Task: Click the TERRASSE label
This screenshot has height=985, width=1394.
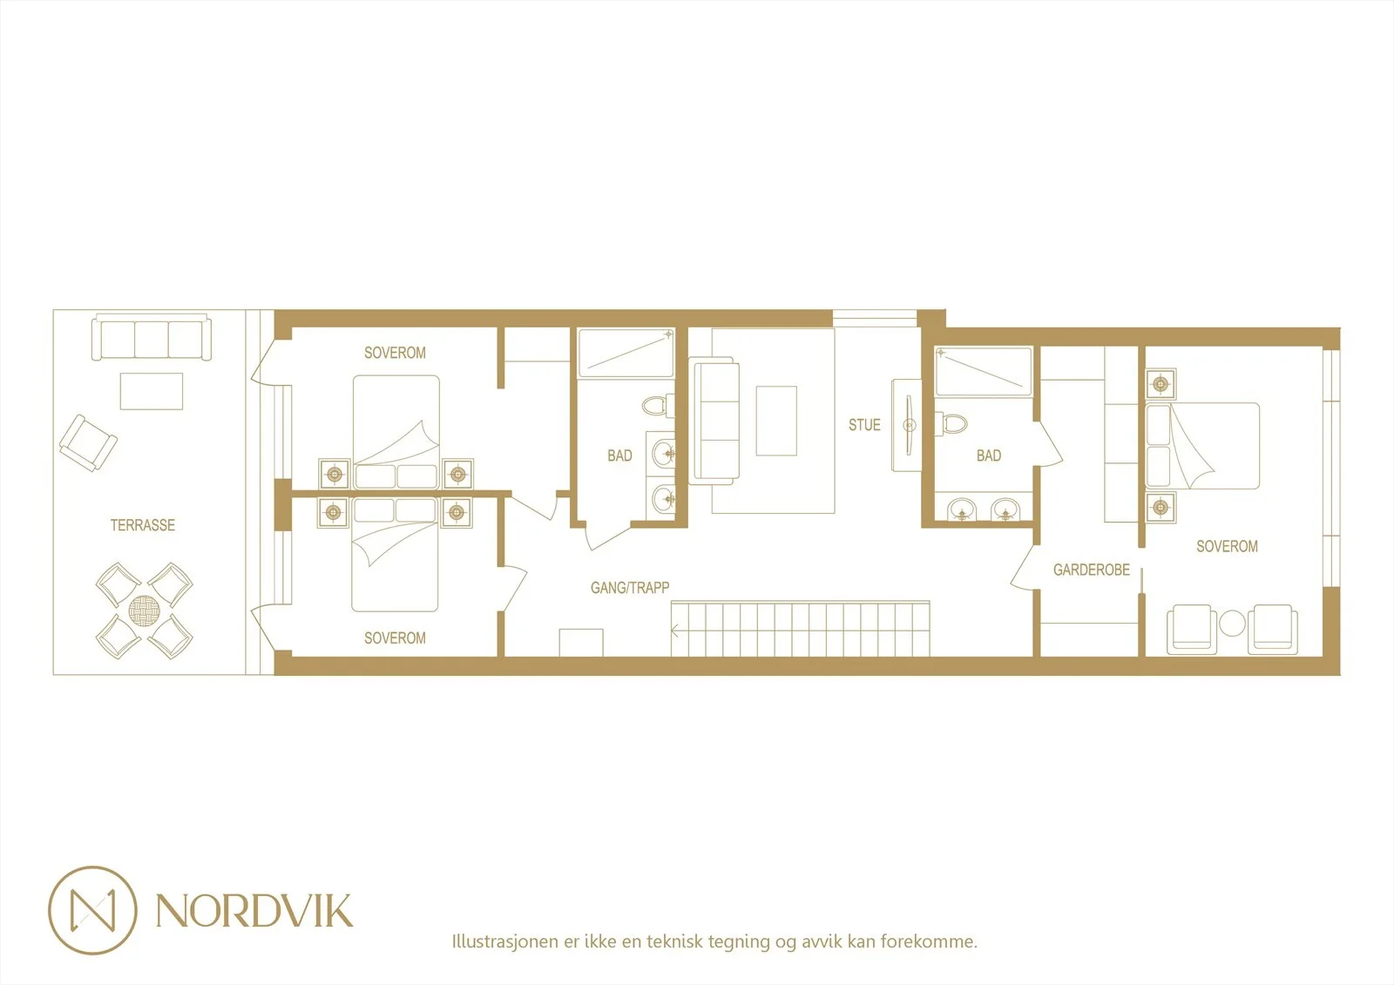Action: [143, 525]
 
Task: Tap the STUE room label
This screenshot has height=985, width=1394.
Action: [864, 425]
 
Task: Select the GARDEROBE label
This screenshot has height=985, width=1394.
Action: [1091, 570]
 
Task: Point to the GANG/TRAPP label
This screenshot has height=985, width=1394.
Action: [630, 587]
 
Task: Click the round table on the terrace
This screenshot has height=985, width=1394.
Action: [145, 611]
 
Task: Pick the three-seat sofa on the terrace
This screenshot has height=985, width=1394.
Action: [152, 339]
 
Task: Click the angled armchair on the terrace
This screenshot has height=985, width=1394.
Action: [88, 443]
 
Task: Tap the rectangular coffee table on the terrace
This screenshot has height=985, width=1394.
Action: [152, 391]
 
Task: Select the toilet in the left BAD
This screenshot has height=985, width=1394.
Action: [659, 406]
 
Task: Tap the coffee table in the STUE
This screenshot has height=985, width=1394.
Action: [776, 421]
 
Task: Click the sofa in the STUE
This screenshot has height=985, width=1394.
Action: [714, 421]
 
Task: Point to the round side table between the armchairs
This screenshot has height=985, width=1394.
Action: [1232, 624]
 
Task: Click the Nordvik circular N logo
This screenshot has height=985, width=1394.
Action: [92, 910]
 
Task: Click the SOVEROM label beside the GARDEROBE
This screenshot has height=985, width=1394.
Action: [1227, 546]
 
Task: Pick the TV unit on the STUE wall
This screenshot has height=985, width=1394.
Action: [906, 426]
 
